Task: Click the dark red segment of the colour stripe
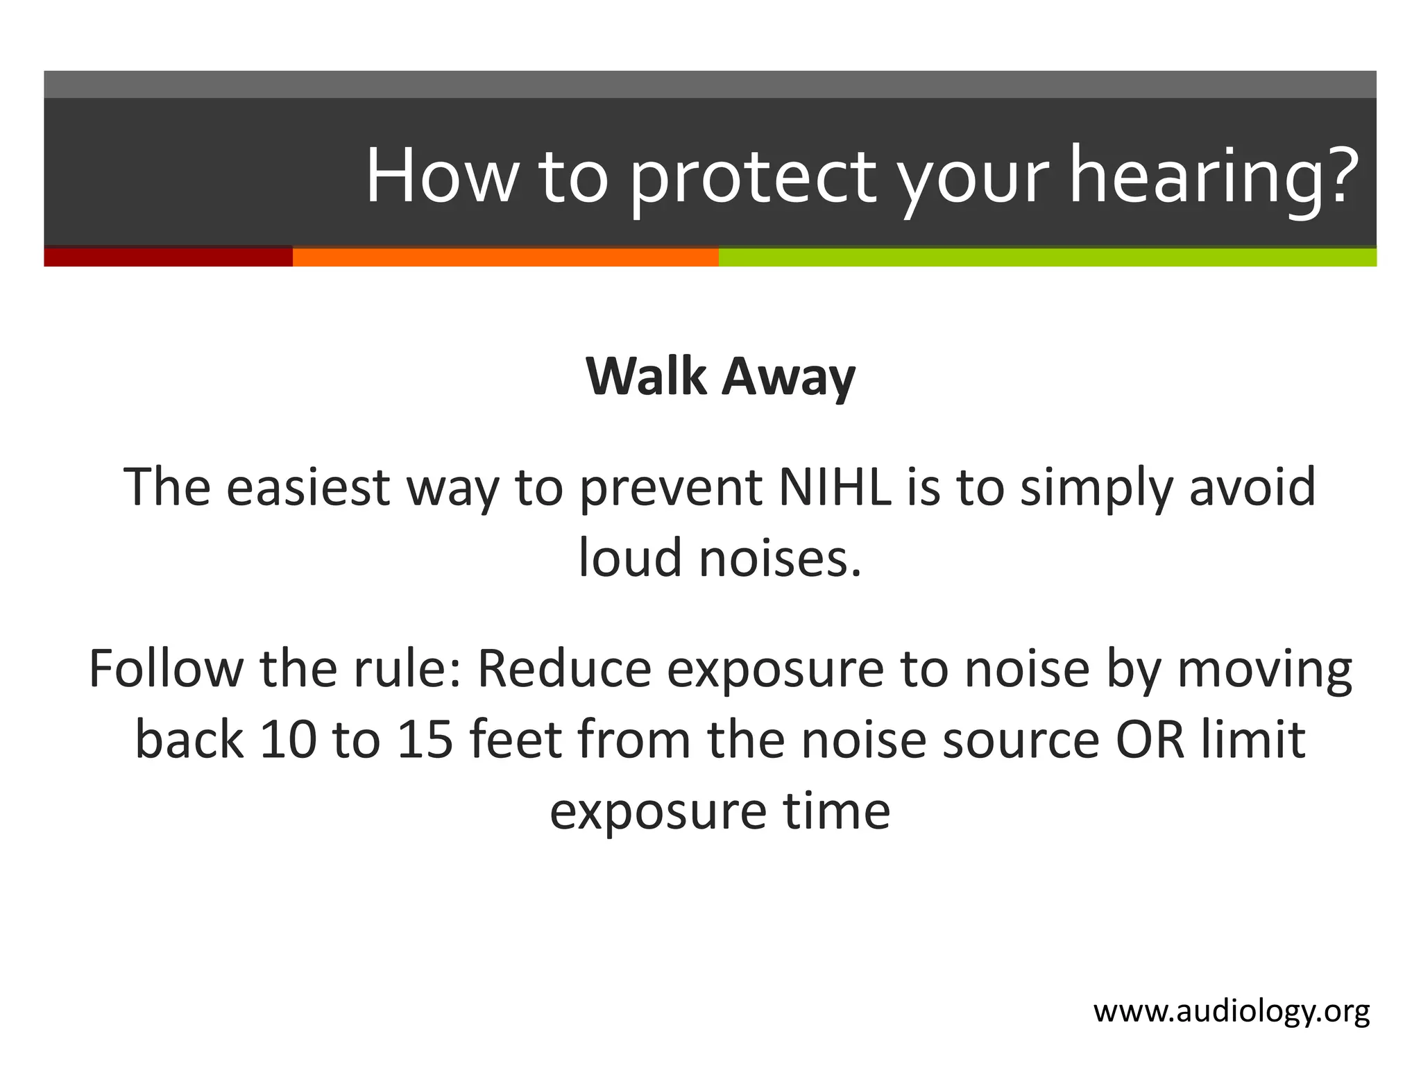click(168, 257)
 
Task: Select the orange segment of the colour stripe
click(505, 257)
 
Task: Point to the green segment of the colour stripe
click(1047, 257)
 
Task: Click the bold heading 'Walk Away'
click(720, 377)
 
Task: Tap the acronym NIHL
click(835, 487)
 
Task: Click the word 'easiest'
click(307, 487)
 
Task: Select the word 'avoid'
click(1252, 487)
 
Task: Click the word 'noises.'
click(780, 558)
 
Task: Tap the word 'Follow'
click(166, 669)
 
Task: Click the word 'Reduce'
click(564, 669)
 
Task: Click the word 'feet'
click(515, 740)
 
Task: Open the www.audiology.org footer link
click(1232, 1012)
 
